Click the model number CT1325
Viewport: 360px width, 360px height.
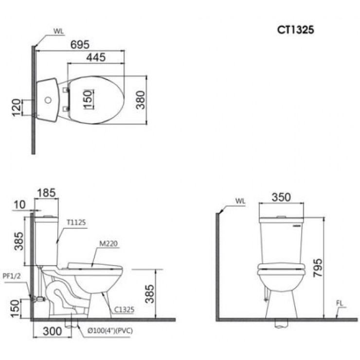coord(295,30)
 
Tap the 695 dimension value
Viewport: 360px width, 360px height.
coord(80,44)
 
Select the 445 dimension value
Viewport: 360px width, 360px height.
coord(96,57)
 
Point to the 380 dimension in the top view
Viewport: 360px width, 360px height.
coord(141,100)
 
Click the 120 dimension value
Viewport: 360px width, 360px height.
coord(17,108)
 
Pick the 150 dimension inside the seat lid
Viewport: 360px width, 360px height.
coord(88,99)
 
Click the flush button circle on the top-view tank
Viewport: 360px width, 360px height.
coord(48,100)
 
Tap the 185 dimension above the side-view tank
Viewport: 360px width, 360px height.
coord(46,193)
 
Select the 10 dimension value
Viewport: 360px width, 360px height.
coord(20,205)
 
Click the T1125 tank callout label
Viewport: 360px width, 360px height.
coord(76,222)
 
